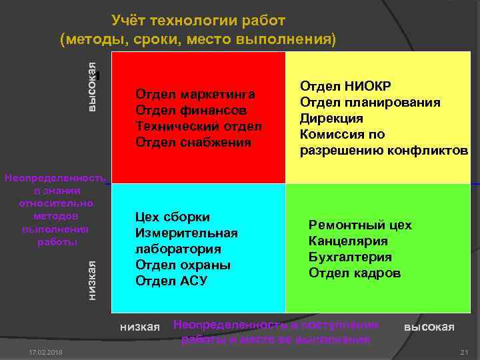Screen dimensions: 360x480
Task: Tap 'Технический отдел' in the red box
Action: tap(199, 126)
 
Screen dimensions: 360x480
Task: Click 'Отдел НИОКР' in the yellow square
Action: tap(345, 86)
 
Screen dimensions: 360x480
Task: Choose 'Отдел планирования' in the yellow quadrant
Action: tap(370, 102)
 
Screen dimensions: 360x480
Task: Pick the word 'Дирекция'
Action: tap(331, 118)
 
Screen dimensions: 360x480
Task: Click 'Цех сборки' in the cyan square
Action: tap(172, 217)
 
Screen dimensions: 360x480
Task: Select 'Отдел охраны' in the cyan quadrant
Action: tap(183, 265)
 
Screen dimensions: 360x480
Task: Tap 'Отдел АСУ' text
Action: tap(171, 281)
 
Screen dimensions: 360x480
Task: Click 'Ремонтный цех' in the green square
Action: tap(360, 225)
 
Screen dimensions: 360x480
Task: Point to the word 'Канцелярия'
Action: tap(348, 241)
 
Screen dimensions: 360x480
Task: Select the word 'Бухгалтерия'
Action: tap(350, 257)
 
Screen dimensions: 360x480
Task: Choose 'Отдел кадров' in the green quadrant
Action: tap(355, 273)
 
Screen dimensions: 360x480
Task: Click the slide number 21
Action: tap(465, 352)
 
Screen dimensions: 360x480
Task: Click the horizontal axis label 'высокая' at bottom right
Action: tap(429, 327)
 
